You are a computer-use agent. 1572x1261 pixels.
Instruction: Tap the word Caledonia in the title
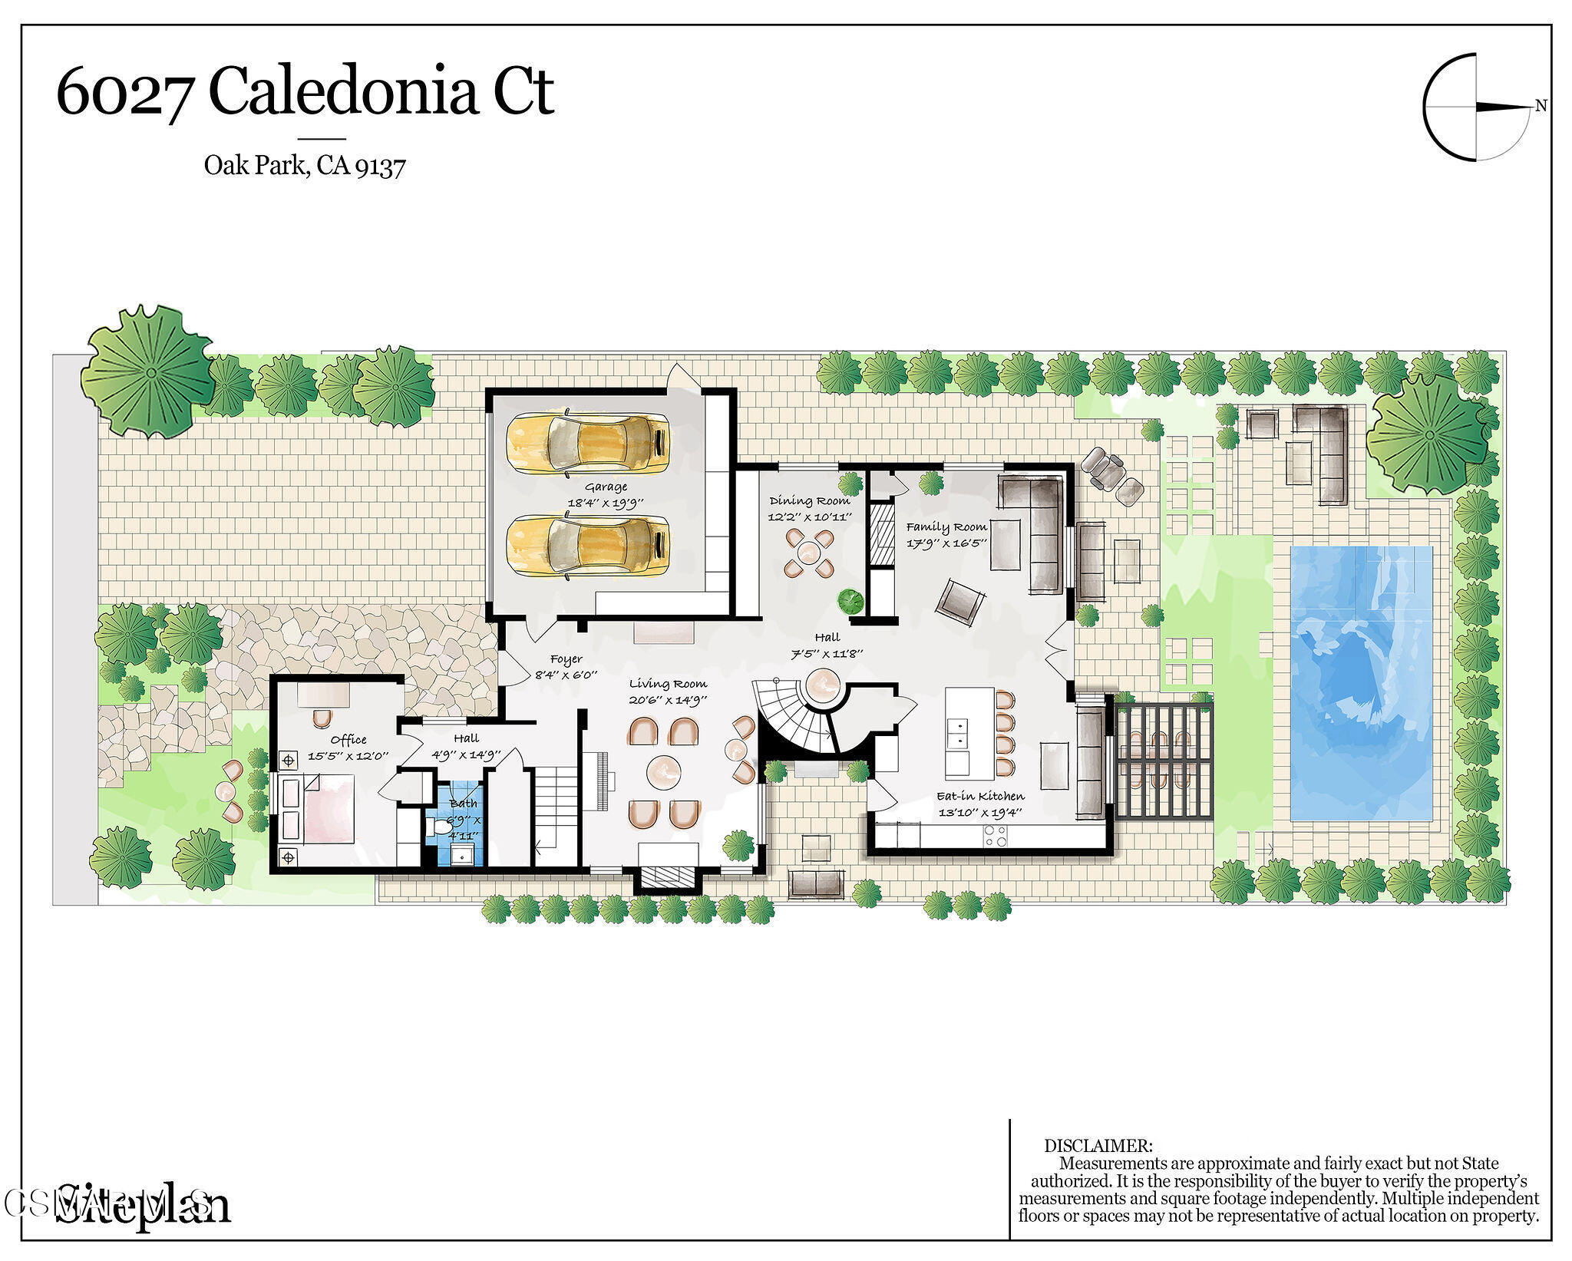[343, 93]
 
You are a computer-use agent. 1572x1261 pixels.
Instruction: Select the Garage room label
[606, 487]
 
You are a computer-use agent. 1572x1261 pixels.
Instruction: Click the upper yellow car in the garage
[587, 444]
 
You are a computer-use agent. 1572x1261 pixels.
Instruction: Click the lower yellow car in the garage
[587, 546]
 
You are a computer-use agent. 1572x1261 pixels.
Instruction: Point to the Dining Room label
[809, 500]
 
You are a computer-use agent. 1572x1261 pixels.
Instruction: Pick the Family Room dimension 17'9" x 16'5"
[946, 543]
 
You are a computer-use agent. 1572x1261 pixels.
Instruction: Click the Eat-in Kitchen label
[980, 796]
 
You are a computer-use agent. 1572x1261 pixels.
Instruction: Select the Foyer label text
[566, 659]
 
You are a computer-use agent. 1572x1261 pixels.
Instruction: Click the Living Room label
[668, 684]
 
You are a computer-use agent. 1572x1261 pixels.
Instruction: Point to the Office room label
[348, 740]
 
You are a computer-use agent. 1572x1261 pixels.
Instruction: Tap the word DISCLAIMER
[1098, 1146]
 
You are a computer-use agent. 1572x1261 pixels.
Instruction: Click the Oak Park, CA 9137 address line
[304, 165]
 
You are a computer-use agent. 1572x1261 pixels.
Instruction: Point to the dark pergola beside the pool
[1164, 761]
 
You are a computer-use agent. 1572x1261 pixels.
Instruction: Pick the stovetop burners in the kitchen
[995, 836]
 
